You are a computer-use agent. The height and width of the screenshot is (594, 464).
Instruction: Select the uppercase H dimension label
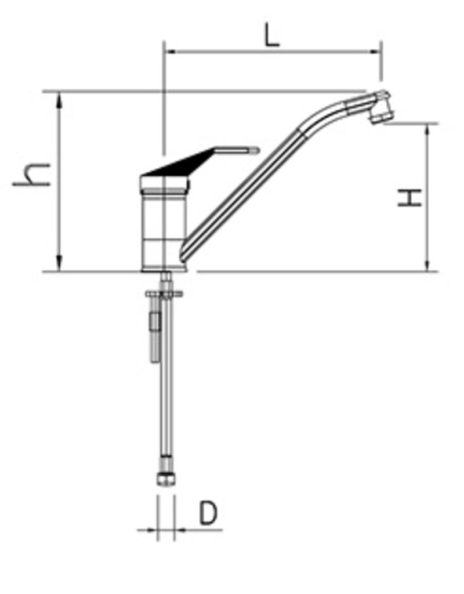click(410, 197)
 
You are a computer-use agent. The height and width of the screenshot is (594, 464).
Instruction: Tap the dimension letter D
click(208, 513)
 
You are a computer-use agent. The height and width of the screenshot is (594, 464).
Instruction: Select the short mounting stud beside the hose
click(154, 336)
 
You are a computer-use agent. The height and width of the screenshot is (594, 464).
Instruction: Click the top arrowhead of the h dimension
click(59, 99)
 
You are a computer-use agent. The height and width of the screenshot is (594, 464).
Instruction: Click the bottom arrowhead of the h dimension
click(59, 264)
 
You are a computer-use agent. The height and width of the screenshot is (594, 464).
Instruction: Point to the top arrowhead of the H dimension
click(428, 131)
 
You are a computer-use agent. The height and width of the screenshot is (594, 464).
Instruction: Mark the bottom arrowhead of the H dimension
click(428, 265)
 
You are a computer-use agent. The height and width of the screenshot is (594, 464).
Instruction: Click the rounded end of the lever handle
click(255, 151)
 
